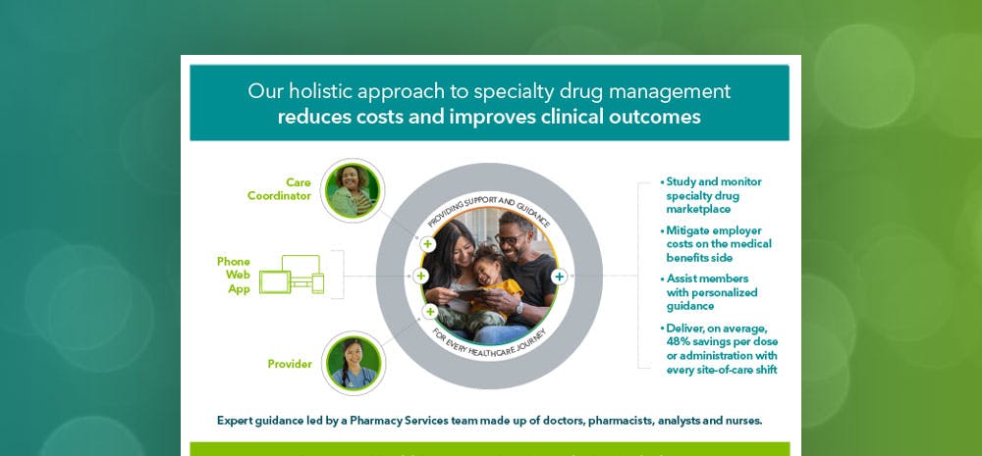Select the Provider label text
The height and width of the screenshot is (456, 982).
point(290,364)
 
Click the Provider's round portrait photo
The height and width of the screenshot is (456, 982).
point(353,362)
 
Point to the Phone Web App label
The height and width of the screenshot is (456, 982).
point(234,276)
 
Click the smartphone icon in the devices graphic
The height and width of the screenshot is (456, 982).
point(318,282)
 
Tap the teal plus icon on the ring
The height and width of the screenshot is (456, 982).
point(558,278)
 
